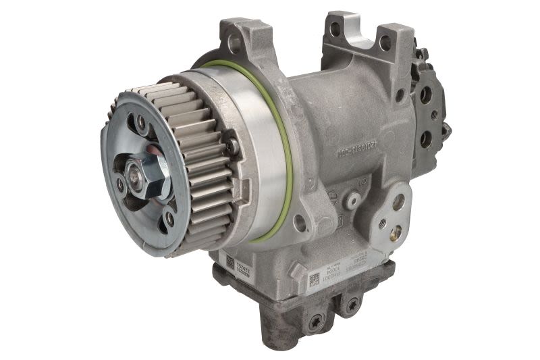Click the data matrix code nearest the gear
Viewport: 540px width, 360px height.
(230, 261)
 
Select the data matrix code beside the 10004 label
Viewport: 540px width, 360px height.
(314, 280)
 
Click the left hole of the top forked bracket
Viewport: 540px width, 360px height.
(335, 29)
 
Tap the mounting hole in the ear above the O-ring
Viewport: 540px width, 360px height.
(234, 45)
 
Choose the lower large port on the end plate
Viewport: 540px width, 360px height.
(426, 138)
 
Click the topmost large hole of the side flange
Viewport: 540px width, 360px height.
(398, 201)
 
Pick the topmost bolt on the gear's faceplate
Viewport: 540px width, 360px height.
(140, 121)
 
